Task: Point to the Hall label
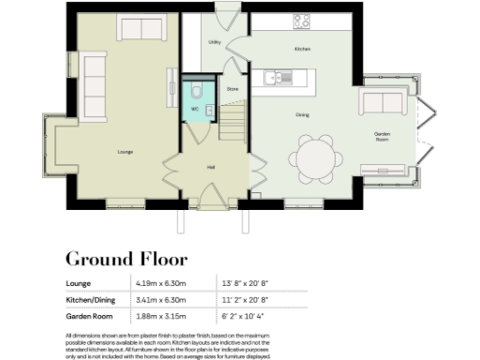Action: [213, 168]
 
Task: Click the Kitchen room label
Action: [303, 49]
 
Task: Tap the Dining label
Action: [303, 115]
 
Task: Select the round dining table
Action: [314, 157]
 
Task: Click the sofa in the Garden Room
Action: [382, 101]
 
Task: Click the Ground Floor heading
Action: [126, 259]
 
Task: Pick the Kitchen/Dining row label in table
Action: [93, 300]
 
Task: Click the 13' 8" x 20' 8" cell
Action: [245, 283]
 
